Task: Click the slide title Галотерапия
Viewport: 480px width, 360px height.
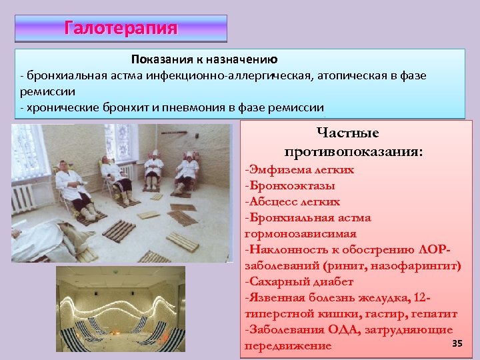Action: [x=121, y=28]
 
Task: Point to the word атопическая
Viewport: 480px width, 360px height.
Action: [x=345, y=76]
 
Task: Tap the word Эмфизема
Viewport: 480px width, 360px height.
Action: [x=274, y=169]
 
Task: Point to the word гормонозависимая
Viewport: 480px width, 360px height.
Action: [x=301, y=234]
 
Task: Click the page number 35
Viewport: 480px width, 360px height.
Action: [x=457, y=343]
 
